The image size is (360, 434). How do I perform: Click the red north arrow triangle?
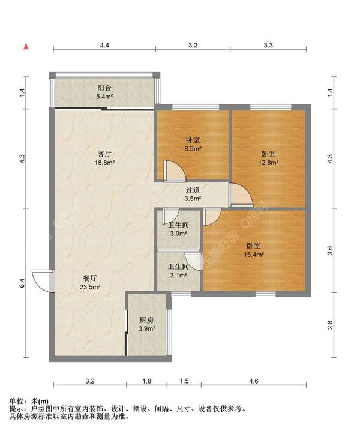coord(26,46)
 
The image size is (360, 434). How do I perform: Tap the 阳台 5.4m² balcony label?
coord(104,92)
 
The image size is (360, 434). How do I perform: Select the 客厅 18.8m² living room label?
coord(104,158)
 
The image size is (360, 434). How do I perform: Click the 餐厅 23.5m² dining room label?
coord(90,282)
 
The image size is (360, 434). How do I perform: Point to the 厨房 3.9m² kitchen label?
coord(146,324)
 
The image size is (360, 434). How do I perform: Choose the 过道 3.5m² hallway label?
coord(193,194)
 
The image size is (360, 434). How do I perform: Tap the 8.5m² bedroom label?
coord(193,144)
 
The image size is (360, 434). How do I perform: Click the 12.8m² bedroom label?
coord(268,158)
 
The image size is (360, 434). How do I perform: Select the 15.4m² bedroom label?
coord(254,250)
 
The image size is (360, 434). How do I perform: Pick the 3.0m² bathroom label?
coord(178,229)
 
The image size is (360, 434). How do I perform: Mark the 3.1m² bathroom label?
coord(178,271)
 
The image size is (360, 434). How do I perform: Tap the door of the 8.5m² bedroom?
coord(175,170)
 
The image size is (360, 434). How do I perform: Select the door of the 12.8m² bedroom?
coord(241,195)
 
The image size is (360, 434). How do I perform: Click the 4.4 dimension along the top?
coord(104,45)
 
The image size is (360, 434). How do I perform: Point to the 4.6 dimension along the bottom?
coord(253,381)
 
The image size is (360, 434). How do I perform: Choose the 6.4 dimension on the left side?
coord(22,283)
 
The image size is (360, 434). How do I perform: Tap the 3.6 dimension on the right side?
coord(329,250)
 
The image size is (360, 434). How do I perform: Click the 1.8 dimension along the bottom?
coord(146,381)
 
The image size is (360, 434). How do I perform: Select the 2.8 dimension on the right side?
coord(329,325)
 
